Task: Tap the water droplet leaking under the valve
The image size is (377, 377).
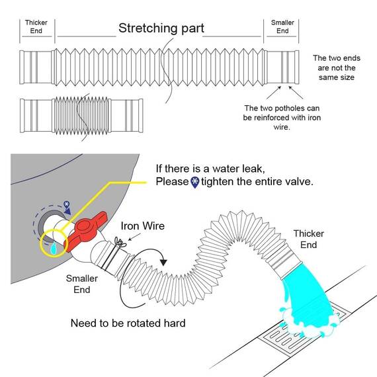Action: click(54, 249)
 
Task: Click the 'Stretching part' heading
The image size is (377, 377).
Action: click(161, 28)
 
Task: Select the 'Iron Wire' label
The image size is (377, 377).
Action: click(143, 226)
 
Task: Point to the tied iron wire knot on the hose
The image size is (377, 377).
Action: click(120, 242)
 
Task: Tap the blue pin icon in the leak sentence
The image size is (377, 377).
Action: click(195, 183)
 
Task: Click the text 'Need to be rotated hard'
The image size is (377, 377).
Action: click(128, 323)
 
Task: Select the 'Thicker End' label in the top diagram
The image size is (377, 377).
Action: click(36, 26)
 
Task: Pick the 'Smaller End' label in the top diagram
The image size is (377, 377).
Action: click(282, 26)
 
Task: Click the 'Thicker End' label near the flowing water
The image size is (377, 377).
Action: click(308, 239)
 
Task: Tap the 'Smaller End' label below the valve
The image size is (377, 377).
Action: click(82, 284)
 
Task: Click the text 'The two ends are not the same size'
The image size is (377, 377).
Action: click(337, 68)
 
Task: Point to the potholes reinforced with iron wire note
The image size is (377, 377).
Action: click(282, 118)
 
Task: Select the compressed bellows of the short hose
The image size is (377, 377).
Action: click(81, 116)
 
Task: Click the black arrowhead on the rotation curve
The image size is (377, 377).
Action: click(163, 263)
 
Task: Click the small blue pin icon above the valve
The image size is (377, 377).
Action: click(66, 205)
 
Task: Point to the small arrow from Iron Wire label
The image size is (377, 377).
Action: click(135, 237)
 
